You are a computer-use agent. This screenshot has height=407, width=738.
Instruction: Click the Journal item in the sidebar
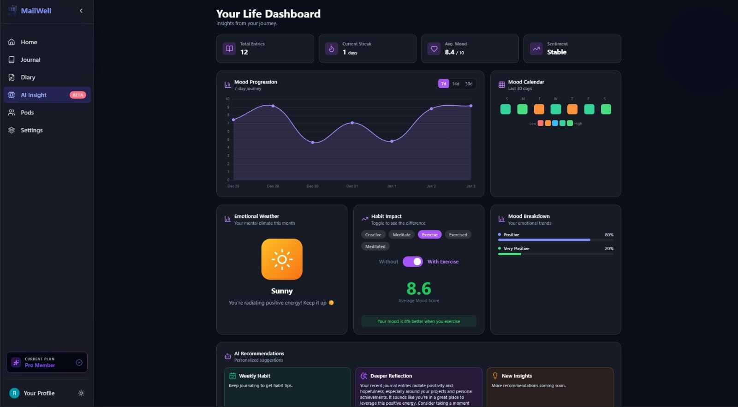pyautogui.click(x=30, y=60)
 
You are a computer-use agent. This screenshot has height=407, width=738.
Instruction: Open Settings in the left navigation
pyautogui.click(x=31, y=130)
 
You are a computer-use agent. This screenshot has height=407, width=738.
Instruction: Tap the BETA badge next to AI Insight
pyautogui.click(x=78, y=95)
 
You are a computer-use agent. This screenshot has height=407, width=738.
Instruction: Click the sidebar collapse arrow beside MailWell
pyautogui.click(x=81, y=11)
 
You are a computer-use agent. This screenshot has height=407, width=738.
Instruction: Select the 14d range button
pyautogui.click(x=456, y=84)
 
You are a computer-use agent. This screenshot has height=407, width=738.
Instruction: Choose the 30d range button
pyautogui.click(x=469, y=84)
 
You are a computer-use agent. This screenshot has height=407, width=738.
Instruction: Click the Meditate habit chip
pyautogui.click(x=401, y=235)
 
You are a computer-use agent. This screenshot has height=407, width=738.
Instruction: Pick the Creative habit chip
pyautogui.click(x=373, y=235)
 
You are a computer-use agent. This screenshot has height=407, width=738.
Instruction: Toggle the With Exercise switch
pyautogui.click(x=412, y=262)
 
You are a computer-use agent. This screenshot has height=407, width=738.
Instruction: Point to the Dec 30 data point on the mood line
pyautogui.click(x=313, y=142)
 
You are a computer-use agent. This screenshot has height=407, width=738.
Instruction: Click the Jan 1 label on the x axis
pyautogui.click(x=392, y=186)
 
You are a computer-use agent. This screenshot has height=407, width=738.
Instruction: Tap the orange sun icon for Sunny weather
pyautogui.click(x=282, y=259)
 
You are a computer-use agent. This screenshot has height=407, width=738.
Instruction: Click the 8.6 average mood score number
pyautogui.click(x=419, y=289)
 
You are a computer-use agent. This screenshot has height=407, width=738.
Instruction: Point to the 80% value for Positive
pyautogui.click(x=609, y=235)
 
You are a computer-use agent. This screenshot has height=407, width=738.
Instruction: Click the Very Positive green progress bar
pyautogui.click(x=510, y=254)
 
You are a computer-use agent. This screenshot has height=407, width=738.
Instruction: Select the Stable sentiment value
pyautogui.click(x=557, y=52)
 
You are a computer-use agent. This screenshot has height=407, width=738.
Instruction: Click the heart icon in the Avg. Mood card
pyautogui.click(x=434, y=48)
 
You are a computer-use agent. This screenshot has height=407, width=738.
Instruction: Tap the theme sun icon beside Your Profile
pyautogui.click(x=81, y=393)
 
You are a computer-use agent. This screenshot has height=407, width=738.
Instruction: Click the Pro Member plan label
pyautogui.click(x=40, y=365)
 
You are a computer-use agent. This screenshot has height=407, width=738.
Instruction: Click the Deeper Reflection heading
pyautogui.click(x=391, y=376)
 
